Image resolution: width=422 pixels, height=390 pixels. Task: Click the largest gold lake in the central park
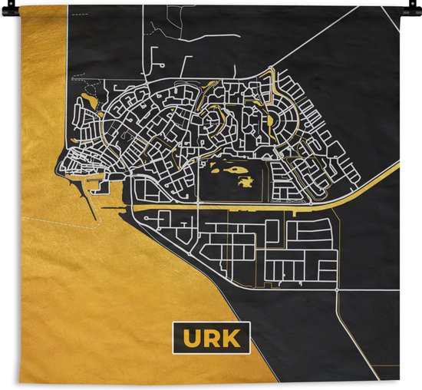(231, 166)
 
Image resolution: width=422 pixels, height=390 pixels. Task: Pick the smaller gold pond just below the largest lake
(246, 182)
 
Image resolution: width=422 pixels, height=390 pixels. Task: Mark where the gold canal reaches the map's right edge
(398, 163)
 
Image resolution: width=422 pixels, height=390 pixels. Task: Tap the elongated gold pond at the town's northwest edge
(91, 99)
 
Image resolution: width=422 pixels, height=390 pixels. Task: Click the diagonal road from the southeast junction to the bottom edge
(359, 338)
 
